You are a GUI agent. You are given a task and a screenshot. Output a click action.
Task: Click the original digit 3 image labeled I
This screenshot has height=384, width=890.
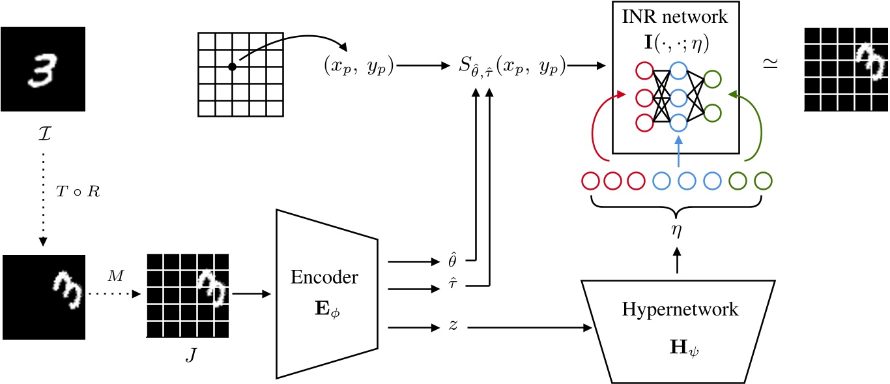coord(43,68)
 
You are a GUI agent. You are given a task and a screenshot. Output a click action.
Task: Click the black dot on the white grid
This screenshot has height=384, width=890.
coord(232,66)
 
